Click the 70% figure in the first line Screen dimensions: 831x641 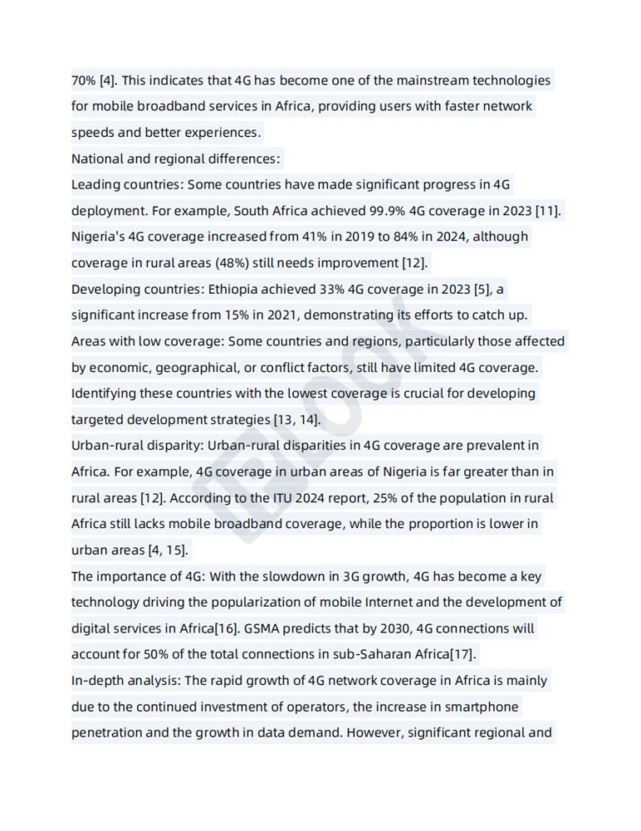[x=84, y=81]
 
